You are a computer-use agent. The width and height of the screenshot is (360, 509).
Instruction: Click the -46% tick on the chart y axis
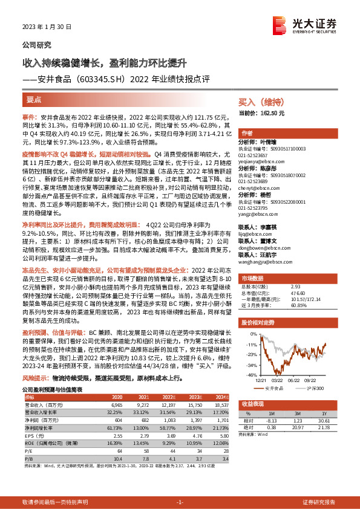point(249,375)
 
